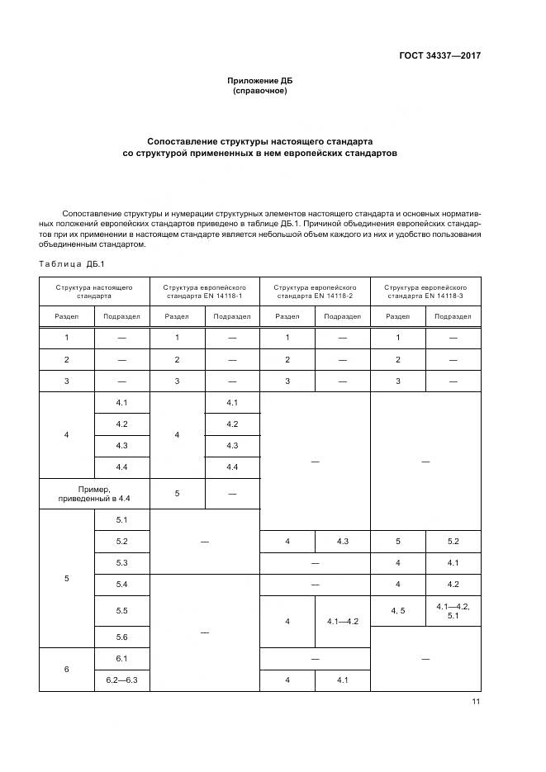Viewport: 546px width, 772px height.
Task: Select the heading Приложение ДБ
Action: click(260, 81)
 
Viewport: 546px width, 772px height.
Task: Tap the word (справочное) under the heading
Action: click(260, 91)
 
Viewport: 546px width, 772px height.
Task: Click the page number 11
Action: click(475, 702)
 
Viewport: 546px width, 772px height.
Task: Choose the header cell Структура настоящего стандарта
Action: click(94, 291)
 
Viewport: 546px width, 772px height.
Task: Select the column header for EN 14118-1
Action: click(205, 291)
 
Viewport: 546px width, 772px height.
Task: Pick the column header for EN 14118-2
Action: click(315, 291)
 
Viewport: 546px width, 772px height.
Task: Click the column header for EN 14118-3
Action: click(425, 291)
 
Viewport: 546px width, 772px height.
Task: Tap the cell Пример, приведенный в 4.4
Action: click(94, 493)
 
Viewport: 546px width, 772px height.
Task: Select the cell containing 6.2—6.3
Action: click(121, 680)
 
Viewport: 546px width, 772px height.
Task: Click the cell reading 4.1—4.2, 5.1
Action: click(453, 610)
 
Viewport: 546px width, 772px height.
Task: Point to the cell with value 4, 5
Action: click(397, 609)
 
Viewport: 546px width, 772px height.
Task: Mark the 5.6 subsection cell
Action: click(121, 637)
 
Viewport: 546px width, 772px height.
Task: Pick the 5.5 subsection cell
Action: click(121, 610)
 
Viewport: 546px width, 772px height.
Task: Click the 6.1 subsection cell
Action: click(121, 658)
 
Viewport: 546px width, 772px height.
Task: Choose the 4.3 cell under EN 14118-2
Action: click(342, 541)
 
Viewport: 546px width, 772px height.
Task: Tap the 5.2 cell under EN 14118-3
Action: click(453, 541)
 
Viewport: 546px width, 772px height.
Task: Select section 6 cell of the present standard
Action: click(67, 669)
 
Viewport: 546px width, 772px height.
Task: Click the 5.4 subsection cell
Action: click(121, 584)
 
